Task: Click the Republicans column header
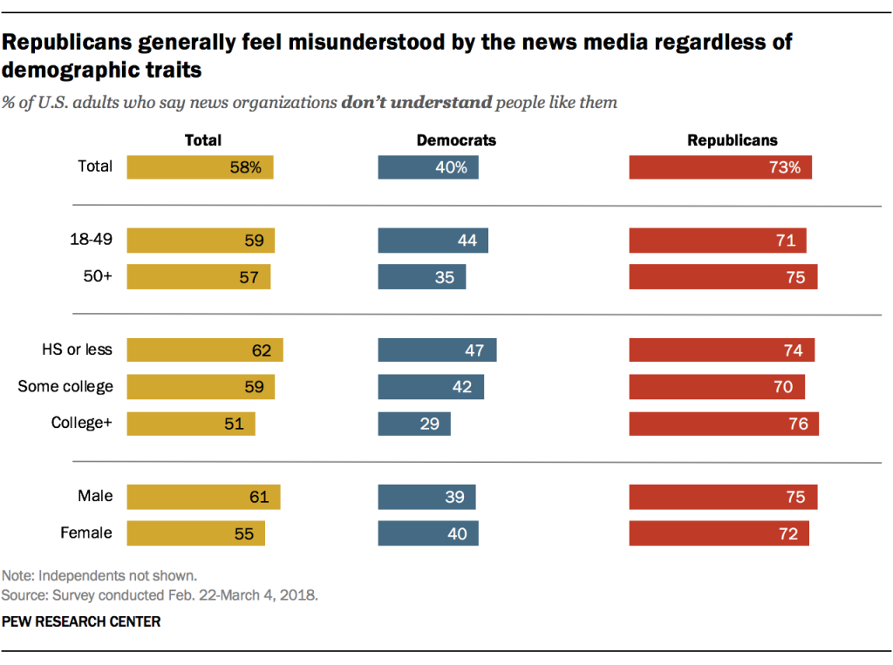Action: (732, 139)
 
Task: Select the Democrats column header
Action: (456, 139)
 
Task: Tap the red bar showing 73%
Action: (720, 167)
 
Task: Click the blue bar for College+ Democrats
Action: (414, 424)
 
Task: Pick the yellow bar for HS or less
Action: (205, 350)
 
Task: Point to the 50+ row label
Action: (98, 277)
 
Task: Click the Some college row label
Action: (65, 386)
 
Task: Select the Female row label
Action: (86, 533)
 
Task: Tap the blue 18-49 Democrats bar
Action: (433, 241)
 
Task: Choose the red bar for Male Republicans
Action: (723, 497)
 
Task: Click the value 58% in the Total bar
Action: (245, 167)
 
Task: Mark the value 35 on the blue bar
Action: (446, 277)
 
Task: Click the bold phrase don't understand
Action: (416, 103)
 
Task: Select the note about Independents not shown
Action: (99, 575)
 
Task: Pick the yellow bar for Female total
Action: (195, 533)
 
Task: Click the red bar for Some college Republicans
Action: (717, 387)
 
